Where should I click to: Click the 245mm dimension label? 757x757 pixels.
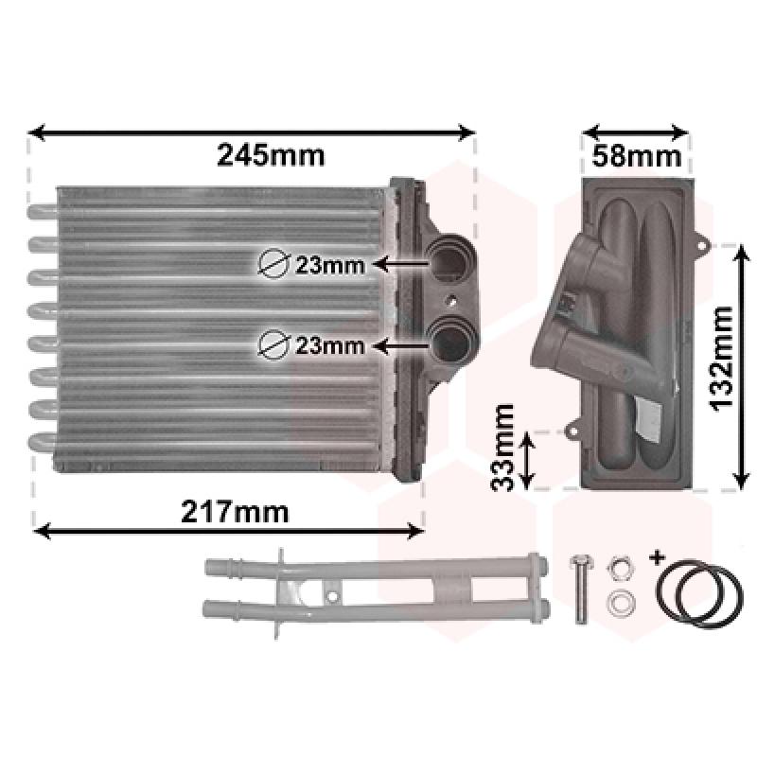271,155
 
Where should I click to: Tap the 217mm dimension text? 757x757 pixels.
235,512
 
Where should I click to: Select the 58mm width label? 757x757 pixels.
636,156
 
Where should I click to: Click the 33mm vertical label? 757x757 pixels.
502,448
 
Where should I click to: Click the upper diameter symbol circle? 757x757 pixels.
273,264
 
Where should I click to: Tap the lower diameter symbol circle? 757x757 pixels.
273,344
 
